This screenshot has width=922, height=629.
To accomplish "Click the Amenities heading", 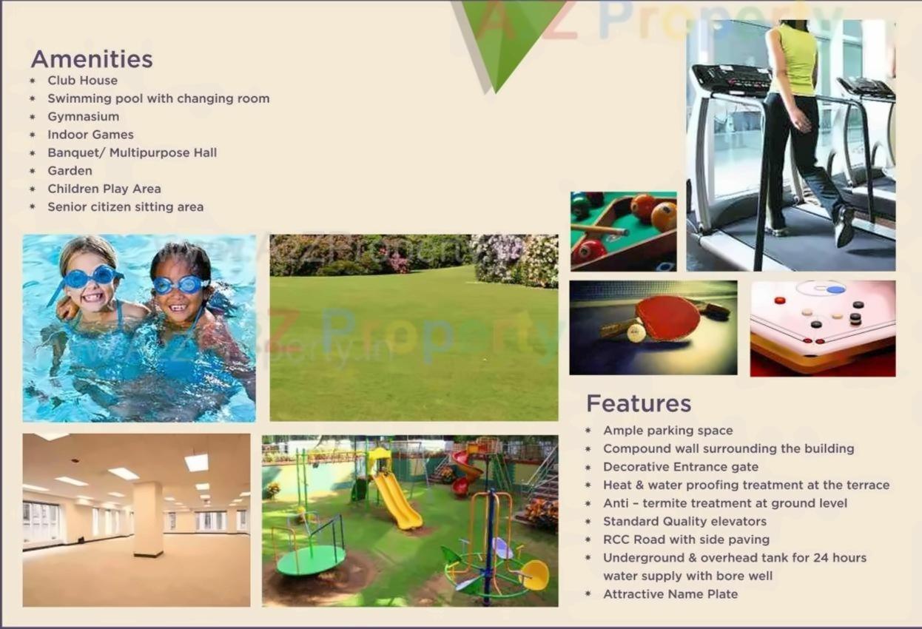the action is pyautogui.click(x=92, y=59).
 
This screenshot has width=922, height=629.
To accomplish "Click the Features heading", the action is pyautogui.click(x=639, y=403).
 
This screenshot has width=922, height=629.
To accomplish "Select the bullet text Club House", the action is pyautogui.click(x=82, y=80).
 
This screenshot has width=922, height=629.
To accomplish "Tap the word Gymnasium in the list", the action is pyautogui.click(x=84, y=116).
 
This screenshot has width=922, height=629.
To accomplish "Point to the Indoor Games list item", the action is pyautogui.click(x=90, y=135).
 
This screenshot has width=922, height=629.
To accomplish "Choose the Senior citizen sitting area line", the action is pyautogui.click(x=126, y=206).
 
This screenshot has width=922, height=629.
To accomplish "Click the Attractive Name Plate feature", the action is pyautogui.click(x=670, y=594).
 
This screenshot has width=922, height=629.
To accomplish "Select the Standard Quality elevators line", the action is pyautogui.click(x=685, y=521).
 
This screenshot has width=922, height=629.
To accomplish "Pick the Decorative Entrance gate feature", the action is pyautogui.click(x=681, y=467).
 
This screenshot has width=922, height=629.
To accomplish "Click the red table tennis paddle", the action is pyautogui.click(x=668, y=317).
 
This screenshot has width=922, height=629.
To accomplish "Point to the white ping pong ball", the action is pyautogui.click(x=636, y=332).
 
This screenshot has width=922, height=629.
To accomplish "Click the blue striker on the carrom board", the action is pyautogui.click(x=835, y=290).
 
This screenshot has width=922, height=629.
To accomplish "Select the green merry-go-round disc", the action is pyautogui.click(x=311, y=560).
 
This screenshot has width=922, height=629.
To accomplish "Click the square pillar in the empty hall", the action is pyautogui.click(x=148, y=519).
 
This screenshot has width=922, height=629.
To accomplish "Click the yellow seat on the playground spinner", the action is pyautogui.click(x=535, y=575).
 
